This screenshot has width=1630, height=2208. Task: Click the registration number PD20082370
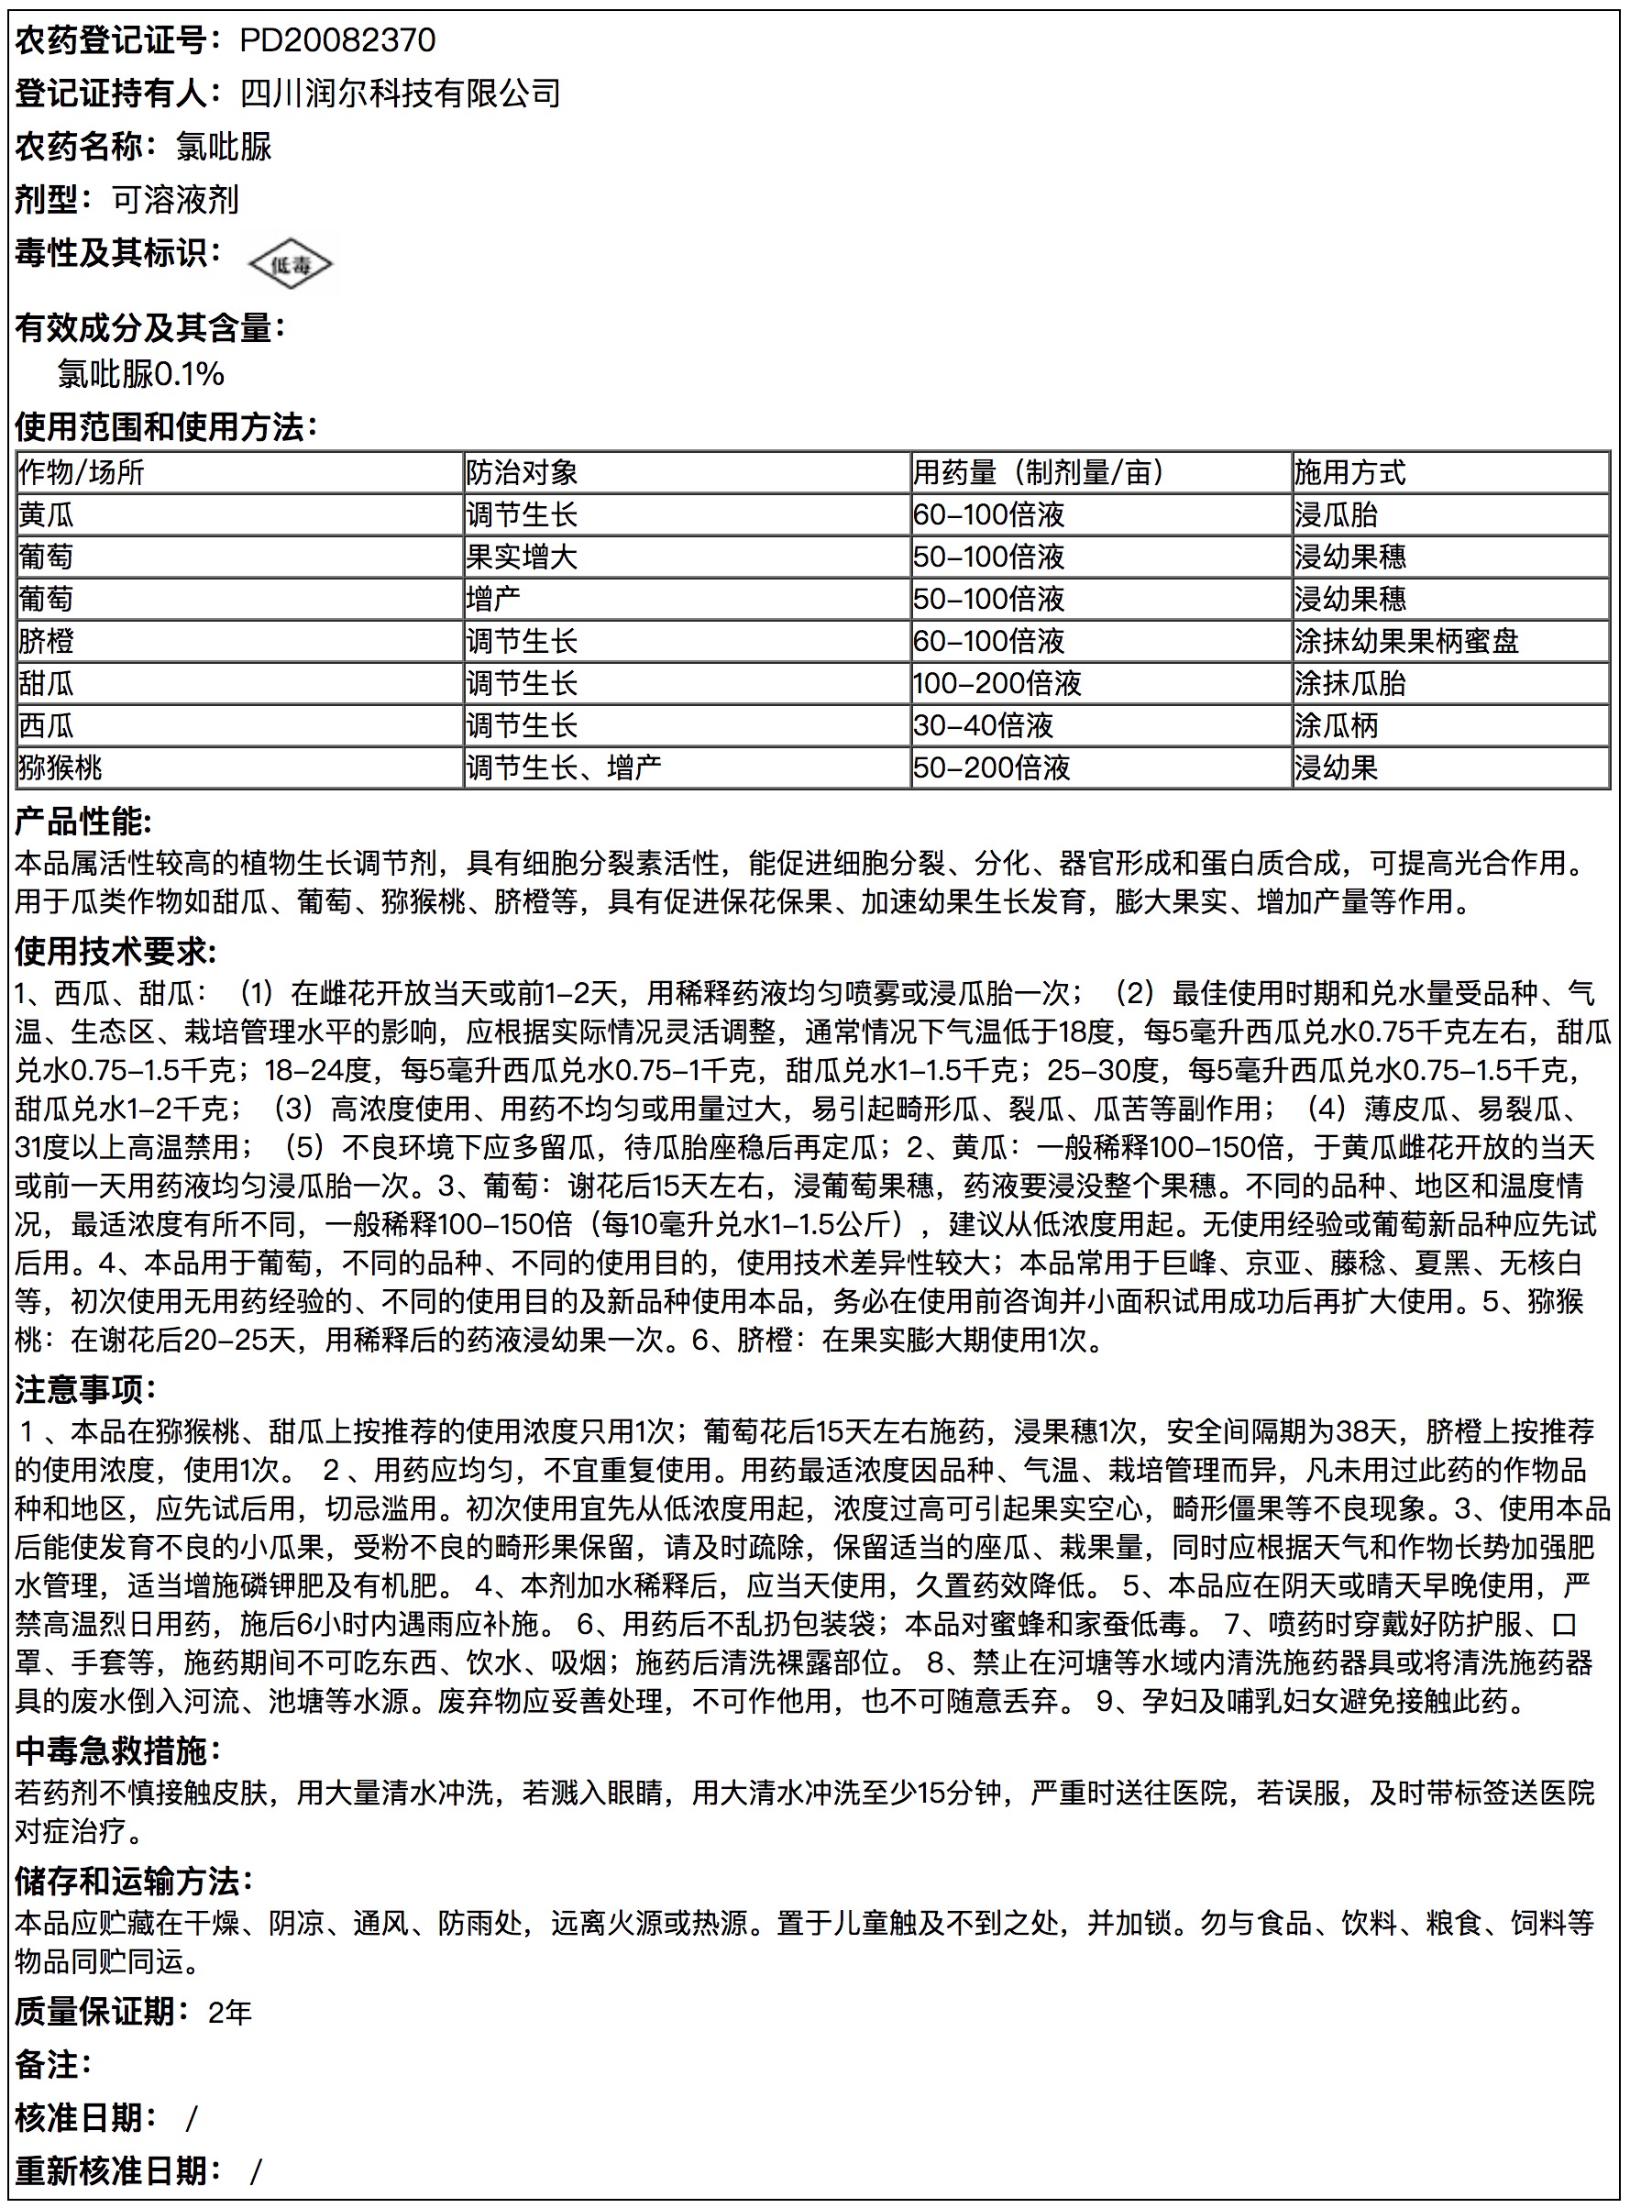[x=337, y=40]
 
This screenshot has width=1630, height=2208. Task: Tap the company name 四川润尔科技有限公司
[x=401, y=94]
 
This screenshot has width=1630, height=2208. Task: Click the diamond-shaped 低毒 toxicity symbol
[x=289, y=264]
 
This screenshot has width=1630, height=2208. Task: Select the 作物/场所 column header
[x=81, y=472]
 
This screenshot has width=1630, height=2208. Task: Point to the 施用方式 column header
[x=1349, y=472]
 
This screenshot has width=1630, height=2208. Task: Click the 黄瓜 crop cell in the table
[x=47, y=515]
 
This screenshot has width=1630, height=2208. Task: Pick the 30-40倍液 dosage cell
[x=983, y=726]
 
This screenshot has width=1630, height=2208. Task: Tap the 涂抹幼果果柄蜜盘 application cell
[x=1406, y=641]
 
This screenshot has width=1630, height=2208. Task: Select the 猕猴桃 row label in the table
[x=61, y=767]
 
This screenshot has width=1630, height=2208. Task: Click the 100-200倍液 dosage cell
[x=997, y=684]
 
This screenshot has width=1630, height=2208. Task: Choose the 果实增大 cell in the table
[x=521, y=558]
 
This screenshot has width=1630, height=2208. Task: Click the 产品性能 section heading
[x=83, y=822]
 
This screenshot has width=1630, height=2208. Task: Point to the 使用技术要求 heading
[x=116, y=951]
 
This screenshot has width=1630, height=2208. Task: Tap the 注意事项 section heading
[x=85, y=1389]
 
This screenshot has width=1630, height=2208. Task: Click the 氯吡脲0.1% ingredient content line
[x=141, y=374]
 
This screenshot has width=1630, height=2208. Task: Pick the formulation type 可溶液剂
[x=176, y=200]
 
